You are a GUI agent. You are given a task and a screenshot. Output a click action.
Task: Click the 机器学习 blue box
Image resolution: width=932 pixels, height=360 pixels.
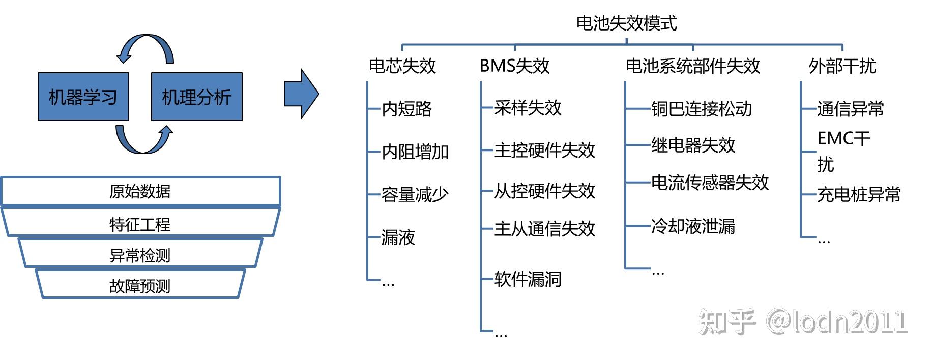pyautogui.click(x=83, y=97)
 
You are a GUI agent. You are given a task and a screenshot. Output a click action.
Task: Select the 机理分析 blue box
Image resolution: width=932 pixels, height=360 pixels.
pyautogui.click(x=196, y=97)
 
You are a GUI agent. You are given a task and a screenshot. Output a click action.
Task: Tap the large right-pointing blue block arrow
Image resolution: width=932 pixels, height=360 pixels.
pyautogui.click(x=301, y=94)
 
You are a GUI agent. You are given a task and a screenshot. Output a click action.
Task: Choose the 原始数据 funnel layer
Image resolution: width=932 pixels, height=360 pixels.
pyautogui.click(x=140, y=191)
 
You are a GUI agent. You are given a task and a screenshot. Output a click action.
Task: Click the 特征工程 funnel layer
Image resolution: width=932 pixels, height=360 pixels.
pyautogui.click(x=140, y=224)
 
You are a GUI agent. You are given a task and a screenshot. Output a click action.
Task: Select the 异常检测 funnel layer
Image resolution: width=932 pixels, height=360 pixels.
pyautogui.click(x=140, y=255)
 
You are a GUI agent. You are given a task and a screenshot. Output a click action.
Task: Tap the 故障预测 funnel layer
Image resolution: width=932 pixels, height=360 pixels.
pyautogui.click(x=140, y=286)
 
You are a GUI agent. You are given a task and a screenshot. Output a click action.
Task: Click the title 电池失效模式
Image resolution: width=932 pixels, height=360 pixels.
pyautogui.click(x=626, y=23)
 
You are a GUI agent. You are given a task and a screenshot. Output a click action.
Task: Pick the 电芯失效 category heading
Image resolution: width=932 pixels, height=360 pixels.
pyautogui.click(x=402, y=66)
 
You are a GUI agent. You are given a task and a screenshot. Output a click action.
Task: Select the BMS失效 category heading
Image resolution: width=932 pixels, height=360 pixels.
pyautogui.click(x=514, y=66)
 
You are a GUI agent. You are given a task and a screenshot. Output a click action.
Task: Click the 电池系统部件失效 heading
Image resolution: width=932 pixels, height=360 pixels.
pyautogui.click(x=692, y=66)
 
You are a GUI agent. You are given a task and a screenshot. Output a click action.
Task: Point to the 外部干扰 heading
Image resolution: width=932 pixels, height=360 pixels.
pyautogui.click(x=842, y=66)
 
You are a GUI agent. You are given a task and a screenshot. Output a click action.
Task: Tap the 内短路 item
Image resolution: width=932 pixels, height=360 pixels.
pyautogui.click(x=406, y=109)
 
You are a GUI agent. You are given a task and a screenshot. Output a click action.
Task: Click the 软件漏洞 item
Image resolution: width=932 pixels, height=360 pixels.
pyautogui.click(x=528, y=279)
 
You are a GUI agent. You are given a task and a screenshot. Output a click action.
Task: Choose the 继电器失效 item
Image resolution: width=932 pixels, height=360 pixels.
pyautogui.click(x=693, y=145)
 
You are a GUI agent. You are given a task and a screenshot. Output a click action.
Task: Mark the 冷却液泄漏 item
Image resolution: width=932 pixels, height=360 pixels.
pyautogui.click(x=693, y=226)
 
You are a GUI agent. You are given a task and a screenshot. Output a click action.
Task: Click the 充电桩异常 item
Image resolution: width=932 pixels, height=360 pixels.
pyautogui.click(x=859, y=194)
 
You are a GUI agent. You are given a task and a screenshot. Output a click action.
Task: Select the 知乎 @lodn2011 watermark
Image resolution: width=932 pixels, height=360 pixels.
pyautogui.click(x=803, y=321)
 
